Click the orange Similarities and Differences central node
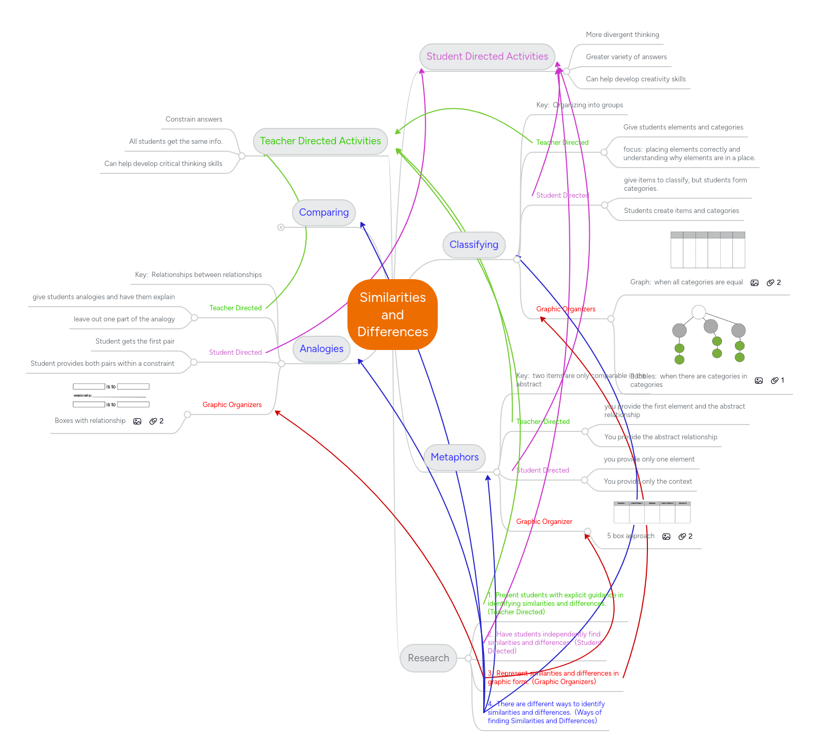(x=392, y=315)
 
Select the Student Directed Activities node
(x=487, y=57)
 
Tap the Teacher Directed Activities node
(x=320, y=141)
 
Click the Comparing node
(x=324, y=213)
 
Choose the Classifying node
(x=474, y=245)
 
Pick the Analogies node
(x=321, y=349)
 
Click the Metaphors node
(x=454, y=457)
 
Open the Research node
(x=428, y=658)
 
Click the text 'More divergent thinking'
(x=622, y=35)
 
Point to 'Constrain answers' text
(x=194, y=119)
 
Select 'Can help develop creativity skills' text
(x=635, y=79)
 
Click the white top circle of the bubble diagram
(x=699, y=312)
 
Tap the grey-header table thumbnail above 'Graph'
(x=708, y=250)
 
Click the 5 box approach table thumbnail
(x=652, y=512)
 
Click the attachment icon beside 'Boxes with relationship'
(x=153, y=421)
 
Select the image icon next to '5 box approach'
(x=666, y=537)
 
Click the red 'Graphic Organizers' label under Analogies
(x=232, y=405)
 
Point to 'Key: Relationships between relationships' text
(x=198, y=275)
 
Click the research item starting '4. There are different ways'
(x=545, y=712)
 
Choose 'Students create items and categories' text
(x=681, y=211)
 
